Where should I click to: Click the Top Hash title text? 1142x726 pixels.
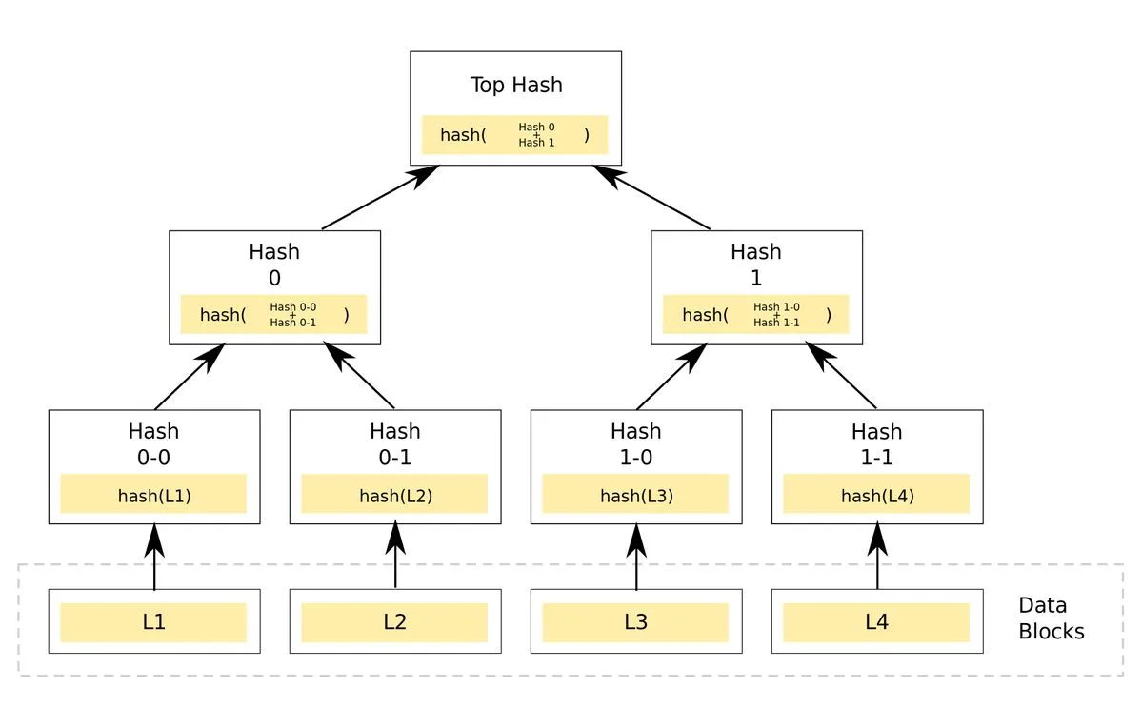click(x=516, y=85)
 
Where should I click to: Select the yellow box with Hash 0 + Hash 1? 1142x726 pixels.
click(x=514, y=135)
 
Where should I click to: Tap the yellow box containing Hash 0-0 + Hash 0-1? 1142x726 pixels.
click(x=274, y=314)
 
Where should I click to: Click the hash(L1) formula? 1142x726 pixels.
click(x=153, y=495)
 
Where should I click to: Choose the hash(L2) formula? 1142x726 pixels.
click(x=394, y=495)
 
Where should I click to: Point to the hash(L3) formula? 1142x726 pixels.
click(x=635, y=495)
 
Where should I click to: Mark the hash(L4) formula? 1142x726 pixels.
click(x=876, y=495)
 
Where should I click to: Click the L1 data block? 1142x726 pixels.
click(x=153, y=622)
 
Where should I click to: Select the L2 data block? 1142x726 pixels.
click(x=394, y=622)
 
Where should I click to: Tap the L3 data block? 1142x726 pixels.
click(x=635, y=622)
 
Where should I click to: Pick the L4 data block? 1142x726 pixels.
click(x=876, y=622)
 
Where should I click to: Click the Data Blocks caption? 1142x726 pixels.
click(x=1051, y=618)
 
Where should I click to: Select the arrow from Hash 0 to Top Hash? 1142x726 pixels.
click(x=381, y=197)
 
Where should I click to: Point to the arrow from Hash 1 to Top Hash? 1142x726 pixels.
click(x=651, y=197)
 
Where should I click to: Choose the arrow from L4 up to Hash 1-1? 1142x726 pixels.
click(x=877, y=557)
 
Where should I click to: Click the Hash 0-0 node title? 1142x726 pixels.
click(x=153, y=443)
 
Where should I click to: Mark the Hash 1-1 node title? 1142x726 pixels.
click(x=876, y=443)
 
